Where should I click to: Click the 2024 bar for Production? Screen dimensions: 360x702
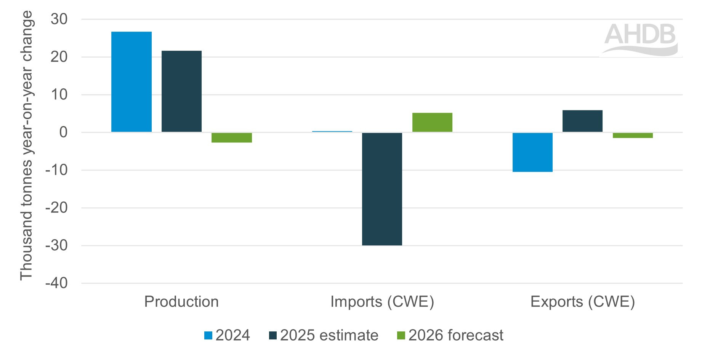[x=131, y=82]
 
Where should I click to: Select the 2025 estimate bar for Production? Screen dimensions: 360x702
[x=181, y=91]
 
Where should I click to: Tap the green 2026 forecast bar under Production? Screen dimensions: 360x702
[x=231, y=138]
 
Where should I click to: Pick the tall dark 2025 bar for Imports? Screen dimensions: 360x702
[x=382, y=189]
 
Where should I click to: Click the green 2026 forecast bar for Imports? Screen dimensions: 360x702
[x=432, y=122]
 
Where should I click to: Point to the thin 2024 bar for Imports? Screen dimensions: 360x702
[x=332, y=131]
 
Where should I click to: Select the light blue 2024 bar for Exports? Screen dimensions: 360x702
[x=532, y=152]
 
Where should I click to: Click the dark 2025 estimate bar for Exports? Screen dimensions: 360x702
[x=582, y=121]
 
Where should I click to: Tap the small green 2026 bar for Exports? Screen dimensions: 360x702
[x=633, y=135]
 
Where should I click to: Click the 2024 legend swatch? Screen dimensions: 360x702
[x=208, y=336]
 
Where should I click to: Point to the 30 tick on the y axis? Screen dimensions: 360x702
[x=59, y=19]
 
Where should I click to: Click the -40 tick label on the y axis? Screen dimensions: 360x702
[x=56, y=283]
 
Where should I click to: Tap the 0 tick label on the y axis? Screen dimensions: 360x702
[x=63, y=132]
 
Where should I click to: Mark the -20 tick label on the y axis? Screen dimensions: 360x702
[x=56, y=208]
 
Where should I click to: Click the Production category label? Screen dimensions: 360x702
[x=181, y=302]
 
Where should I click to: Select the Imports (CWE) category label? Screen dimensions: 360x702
[x=382, y=302]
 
